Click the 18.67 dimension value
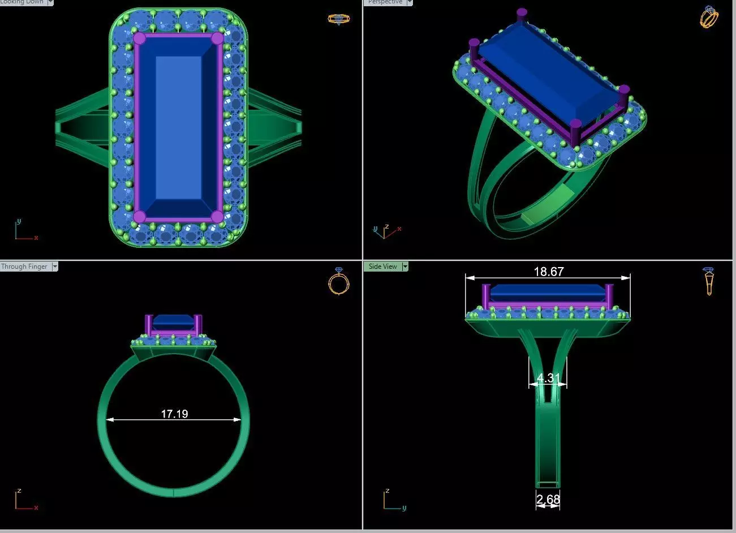coord(548,272)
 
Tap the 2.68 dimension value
coord(548,499)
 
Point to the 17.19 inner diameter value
coord(174,414)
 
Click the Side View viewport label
coord(383,266)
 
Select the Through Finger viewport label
coord(24,266)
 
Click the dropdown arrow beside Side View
coord(405,266)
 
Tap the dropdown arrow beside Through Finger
coord(55,266)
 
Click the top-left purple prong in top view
coord(139,38)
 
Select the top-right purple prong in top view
coord(217,38)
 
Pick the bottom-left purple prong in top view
coord(139,216)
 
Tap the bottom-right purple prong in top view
coord(217,216)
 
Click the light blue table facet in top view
coord(178,127)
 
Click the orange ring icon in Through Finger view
coord(338,281)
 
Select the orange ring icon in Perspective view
coord(709,16)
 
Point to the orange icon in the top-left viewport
coord(338,19)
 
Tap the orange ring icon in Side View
coord(708,281)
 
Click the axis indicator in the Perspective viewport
coord(385,231)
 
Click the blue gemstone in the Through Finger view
coord(174,321)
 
